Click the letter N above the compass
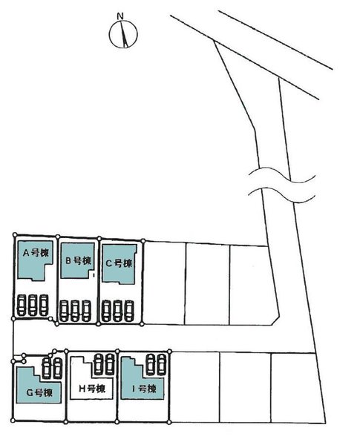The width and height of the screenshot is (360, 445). tap(120, 16)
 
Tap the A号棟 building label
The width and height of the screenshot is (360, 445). tap(36, 253)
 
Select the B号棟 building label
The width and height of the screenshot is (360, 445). tap(78, 260)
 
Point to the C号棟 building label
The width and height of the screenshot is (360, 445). tap(119, 263)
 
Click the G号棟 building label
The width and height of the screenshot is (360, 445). tap(39, 393)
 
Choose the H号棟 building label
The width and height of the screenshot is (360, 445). tap(92, 389)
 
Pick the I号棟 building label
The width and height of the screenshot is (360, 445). tap(144, 389)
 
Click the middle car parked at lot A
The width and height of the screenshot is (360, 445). tap(33, 305)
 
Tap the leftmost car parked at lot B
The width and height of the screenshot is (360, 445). tap(65, 311)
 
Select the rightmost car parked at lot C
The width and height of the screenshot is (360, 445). tap(129, 311)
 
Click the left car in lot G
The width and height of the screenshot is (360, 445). tap(46, 368)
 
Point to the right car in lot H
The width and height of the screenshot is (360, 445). tap(110, 364)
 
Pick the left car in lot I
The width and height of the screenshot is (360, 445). tap(151, 364)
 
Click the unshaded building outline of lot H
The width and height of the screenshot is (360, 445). tap(71, 378)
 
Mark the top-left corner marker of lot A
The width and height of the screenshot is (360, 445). tap(15, 234)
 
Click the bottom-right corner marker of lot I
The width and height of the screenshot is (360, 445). tap(169, 422)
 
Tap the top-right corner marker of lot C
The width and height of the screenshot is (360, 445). tap(143, 241)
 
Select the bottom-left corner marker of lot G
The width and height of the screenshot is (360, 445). tap(13, 420)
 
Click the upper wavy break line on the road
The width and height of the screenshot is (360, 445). tap(282, 175)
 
